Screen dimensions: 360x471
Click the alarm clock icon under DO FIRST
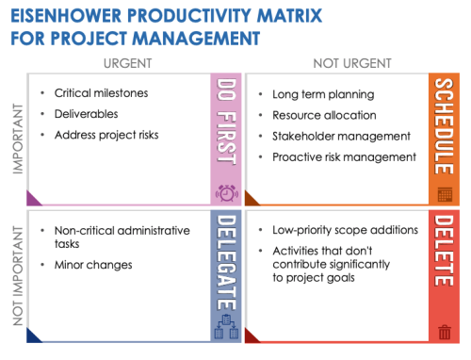(x=226, y=193)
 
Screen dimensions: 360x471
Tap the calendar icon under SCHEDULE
(x=446, y=194)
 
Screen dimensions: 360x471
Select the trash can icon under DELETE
(x=446, y=331)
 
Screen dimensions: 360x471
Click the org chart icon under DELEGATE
(x=226, y=330)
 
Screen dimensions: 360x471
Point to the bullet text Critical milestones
(x=101, y=93)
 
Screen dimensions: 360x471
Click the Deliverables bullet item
(x=87, y=114)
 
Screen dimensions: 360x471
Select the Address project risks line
(x=106, y=135)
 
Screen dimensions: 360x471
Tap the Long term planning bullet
(x=322, y=94)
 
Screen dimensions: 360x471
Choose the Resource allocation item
(x=325, y=115)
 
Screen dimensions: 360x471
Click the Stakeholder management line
(x=341, y=136)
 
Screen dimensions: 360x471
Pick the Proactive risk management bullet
(x=344, y=156)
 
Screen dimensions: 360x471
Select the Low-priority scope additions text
(x=344, y=230)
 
